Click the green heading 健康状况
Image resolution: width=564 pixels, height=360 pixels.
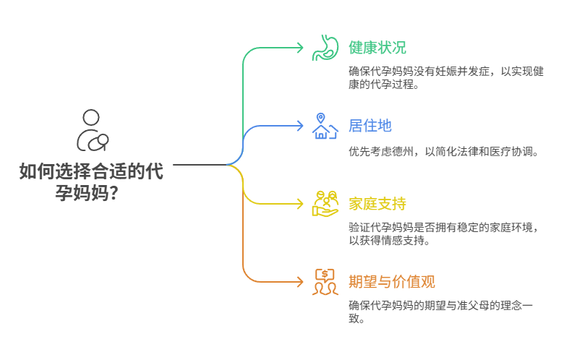[377, 48]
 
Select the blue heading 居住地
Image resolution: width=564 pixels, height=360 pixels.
[370, 126]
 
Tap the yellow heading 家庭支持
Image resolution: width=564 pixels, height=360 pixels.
[377, 204]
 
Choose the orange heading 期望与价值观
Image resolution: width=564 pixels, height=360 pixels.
[392, 282]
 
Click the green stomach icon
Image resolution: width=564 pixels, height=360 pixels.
[325, 48]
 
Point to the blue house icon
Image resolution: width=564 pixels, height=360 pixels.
[325, 132]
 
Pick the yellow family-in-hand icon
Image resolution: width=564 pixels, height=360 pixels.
[325, 204]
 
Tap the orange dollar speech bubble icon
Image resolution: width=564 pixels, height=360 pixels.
[325, 282]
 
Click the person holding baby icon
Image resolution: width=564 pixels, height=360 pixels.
[93, 131]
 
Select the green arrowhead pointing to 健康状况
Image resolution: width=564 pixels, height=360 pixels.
[299, 48]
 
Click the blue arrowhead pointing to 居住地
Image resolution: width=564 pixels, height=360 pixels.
[299, 126]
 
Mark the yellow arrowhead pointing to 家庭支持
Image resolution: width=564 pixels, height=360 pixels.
[299, 204]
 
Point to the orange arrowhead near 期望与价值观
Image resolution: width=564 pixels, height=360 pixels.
[299, 282]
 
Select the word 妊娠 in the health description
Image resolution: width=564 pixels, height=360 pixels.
[446, 72]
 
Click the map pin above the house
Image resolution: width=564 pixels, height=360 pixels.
[320, 118]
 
